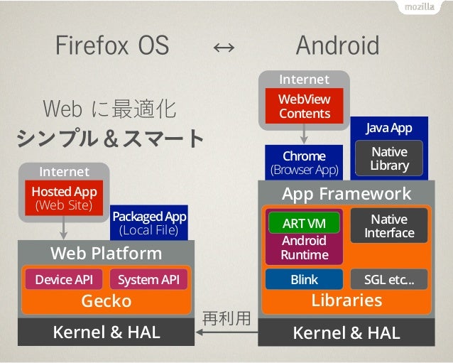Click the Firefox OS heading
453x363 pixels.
pyautogui.click(x=112, y=46)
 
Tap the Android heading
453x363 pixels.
pyautogui.click(x=337, y=46)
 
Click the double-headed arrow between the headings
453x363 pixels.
pyautogui.click(x=224, y=48)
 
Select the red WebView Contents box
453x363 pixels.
pyautogui.click(x=304, y=106)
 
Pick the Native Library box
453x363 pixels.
pyautogui.click(x=389, y=158)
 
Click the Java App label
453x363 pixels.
pyautogui.click(x=388, y=128)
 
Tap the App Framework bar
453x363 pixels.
pyautogui.click(x=346, y=193)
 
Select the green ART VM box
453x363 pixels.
pyautogui.click(x=304, y=223)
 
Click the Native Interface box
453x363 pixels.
pyautogui.click(x=389, y=226)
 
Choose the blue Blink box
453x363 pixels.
pyautogui.click(x=304, y=279)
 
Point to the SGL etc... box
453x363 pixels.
pyautogui.click(x=389, y=279)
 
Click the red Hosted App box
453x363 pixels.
pyautogui.click(x=64, y=198)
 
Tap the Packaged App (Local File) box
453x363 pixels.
pyautogui.click(x=148, y=223)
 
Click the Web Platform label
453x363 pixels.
pyautogui.click(x=106, y=253)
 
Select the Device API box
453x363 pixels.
pyautogui.click(x=64, y=279)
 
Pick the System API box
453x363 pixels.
pyautogui.click(x=148, y=279)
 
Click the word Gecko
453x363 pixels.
pyautogui.click(x=106, y=300)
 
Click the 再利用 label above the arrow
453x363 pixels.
pyautogui.click(x=226, y=318)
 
